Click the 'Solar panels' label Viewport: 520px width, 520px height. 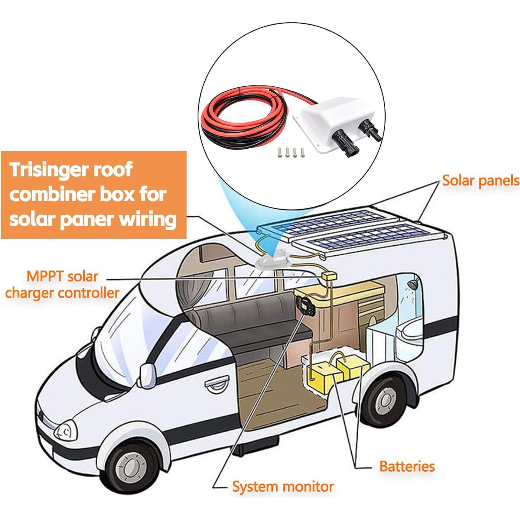tap(480, 181)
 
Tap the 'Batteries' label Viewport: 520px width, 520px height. tap(407, 466)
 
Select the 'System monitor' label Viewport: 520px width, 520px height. tap(283, 487)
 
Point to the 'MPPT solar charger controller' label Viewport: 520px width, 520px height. tap(62, 284)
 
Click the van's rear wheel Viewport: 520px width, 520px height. tap(384, 401)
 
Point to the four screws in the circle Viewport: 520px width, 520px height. tap(290, 152)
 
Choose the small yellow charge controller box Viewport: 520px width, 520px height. tap(329, 276)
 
